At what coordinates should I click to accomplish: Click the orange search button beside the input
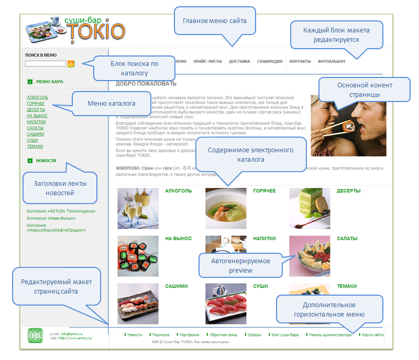tap(71, 64)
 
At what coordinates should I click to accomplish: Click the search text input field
tap(46, 64)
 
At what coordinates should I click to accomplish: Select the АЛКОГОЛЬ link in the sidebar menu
tap(37, 97)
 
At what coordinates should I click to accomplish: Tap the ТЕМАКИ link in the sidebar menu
tap(35, 147)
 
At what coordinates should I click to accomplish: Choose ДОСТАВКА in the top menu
tap(239, 61)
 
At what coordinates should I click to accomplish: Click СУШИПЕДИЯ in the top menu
tap(270, 61)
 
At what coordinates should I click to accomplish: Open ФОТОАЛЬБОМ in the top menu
tap(331, 61)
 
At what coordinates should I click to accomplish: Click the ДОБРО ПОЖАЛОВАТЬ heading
tap(146, 84)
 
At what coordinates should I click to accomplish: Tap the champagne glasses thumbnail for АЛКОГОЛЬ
tap(138, 208)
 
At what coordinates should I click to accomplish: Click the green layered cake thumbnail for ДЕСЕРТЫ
tap(310, 208)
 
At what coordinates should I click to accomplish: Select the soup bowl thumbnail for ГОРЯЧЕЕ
tap(226, 208)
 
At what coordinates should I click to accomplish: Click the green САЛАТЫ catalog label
tap(347, 239)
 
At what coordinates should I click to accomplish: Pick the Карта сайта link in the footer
tap(372, 334)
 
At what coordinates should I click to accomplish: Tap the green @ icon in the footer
tap(35, 335)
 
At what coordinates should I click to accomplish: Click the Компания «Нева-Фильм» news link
tap(50, 218)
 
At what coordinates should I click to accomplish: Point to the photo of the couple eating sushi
tap(348, 126)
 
